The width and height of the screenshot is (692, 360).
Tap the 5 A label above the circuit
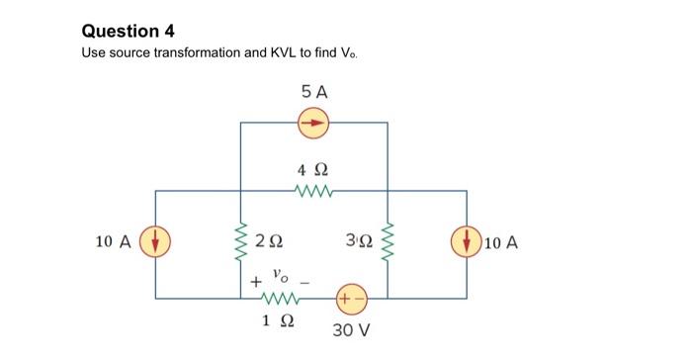point(313,92)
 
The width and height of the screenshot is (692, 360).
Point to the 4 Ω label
point(313,168)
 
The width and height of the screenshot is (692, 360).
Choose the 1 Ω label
point(282,319)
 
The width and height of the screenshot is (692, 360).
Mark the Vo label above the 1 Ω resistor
point(282,270)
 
